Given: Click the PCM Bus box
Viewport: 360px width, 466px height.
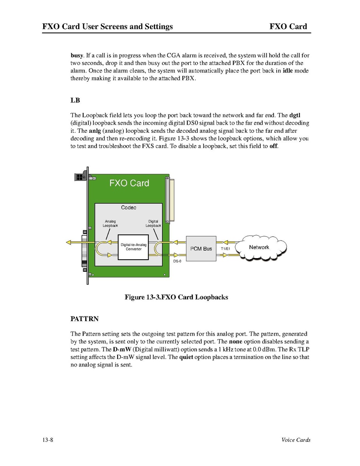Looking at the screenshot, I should point(201,248).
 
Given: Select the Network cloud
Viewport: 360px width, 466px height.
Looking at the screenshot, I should point(259,247).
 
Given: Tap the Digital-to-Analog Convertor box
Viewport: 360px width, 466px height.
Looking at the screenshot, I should point(133,247).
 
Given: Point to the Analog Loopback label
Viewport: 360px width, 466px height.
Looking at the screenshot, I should point(110,223).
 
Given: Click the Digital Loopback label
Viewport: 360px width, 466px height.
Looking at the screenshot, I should point(153,223).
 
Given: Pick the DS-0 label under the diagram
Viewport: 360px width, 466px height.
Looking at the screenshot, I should point(177,261).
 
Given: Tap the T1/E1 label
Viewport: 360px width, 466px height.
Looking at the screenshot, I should point(226,248).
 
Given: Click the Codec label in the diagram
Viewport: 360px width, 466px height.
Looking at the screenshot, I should point(129,208).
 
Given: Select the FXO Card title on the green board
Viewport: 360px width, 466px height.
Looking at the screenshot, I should point(129,183).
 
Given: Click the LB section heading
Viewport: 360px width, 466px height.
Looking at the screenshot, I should point(75,100).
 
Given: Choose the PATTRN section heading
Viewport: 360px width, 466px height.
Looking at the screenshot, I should point(84,319).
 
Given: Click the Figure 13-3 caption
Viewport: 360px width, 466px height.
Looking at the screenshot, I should point(176,297).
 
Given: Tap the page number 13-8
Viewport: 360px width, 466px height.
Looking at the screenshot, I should point(48,440).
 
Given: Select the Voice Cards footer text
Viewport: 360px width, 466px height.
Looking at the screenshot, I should point(296,440).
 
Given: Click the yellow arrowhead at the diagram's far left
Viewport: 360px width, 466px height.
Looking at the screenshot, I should point(68,243).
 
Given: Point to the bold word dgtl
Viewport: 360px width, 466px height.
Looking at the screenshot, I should point(295,115).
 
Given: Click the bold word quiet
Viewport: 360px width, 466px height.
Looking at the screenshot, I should point(186,357).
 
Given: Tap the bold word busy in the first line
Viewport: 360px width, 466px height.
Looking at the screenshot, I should point(76,55).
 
